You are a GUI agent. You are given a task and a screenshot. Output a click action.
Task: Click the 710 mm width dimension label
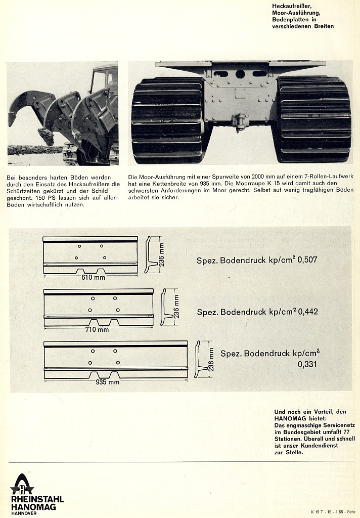pos(97,330)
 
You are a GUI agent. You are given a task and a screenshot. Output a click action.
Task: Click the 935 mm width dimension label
pos(108,382)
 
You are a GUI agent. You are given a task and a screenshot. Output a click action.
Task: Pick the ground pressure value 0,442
pos(307,312)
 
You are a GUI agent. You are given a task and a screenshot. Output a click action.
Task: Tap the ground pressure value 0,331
pos(308,364)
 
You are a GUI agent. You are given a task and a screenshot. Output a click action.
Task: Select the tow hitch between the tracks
pos(240,121)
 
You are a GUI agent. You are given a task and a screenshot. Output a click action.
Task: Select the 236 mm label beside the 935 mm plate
pos(211,359)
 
